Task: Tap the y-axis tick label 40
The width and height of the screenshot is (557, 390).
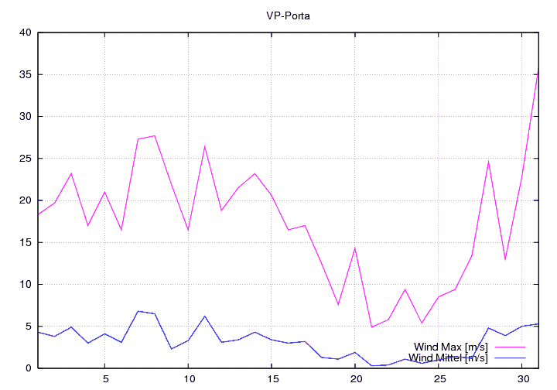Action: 25,32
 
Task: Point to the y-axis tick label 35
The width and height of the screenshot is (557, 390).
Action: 25,74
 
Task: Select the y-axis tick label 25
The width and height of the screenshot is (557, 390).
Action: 25,159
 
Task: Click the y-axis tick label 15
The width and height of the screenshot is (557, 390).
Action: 25,242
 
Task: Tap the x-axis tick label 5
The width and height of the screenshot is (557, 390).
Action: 105,379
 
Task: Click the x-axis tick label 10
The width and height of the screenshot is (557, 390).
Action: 188,379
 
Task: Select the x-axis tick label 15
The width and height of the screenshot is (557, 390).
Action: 272,379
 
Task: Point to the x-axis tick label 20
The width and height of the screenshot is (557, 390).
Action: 355,379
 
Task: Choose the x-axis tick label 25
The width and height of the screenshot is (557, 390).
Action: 439,379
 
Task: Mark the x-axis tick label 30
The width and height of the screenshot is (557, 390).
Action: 521,379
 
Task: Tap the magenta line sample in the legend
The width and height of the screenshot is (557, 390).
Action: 508,347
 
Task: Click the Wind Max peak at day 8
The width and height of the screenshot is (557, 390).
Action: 155,135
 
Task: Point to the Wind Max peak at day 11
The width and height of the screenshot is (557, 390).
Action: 205,146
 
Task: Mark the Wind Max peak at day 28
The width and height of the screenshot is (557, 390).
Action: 488,162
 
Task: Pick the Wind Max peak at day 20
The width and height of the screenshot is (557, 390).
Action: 355,248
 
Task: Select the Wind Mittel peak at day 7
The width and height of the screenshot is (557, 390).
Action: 138,311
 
